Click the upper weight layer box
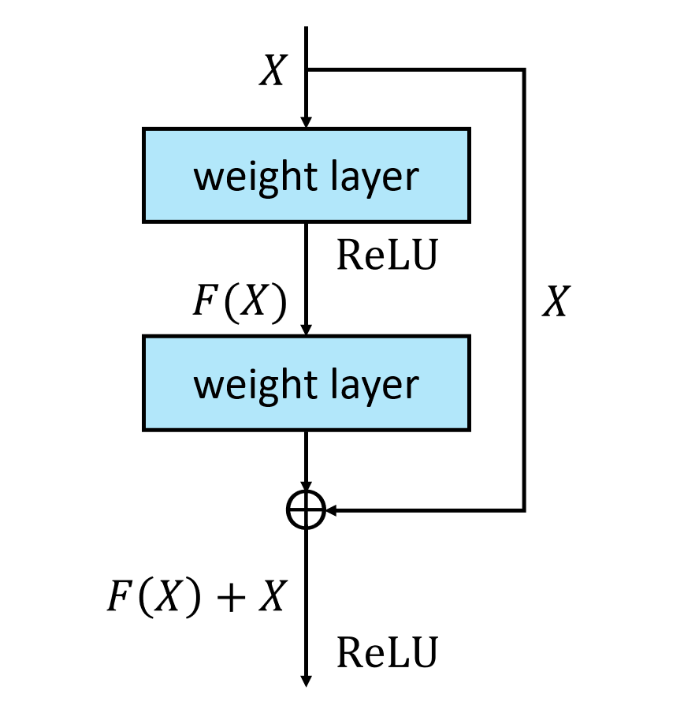[x=306, y=175]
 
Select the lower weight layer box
[x=306, y=382]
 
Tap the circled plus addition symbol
[x=306, y=510]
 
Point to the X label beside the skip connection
[x=556, y=301]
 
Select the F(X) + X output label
[x=195, y=598]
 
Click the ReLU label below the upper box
[x=386, y=256]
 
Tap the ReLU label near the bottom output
[x=386, y=653]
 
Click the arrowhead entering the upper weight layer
[x=306, y=121]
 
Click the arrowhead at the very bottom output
[x=306, y=680]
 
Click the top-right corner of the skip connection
[x=524, y=70]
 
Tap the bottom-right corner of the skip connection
[x=524, y=510]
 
